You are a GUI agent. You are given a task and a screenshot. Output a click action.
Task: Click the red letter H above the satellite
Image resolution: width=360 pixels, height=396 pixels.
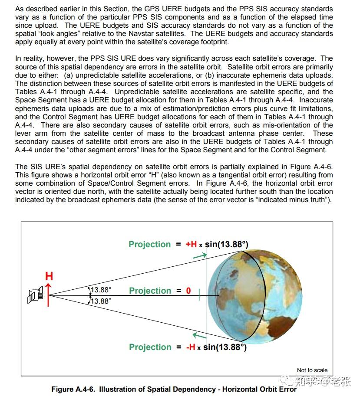click(49, 276)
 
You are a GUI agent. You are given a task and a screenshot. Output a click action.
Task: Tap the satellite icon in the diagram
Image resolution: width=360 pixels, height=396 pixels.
click(35, 295)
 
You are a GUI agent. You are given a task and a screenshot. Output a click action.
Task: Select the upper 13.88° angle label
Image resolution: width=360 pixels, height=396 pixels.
click(100, 289)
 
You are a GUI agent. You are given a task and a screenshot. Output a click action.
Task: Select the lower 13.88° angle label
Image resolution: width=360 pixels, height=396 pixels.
click(100, 301)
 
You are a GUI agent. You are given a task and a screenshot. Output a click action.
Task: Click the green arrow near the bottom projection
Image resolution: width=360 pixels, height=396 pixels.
click(199, 335)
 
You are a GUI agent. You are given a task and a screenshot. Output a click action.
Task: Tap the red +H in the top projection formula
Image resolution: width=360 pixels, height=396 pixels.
click(191, 244)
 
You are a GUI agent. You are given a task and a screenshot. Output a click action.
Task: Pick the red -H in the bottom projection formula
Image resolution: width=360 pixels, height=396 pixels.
click(191, 347)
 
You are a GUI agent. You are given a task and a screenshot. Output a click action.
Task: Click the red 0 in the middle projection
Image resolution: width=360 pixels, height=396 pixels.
click(188, 291)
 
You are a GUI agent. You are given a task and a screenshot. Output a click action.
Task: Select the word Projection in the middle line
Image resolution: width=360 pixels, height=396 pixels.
click(150, 291)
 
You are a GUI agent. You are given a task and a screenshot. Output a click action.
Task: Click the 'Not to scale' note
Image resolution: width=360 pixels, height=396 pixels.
click(312, 370)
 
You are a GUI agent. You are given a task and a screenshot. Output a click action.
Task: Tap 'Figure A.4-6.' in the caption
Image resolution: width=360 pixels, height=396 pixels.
click(73, 389)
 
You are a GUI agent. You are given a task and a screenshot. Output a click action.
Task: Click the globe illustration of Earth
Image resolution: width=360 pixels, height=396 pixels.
click(254, 295)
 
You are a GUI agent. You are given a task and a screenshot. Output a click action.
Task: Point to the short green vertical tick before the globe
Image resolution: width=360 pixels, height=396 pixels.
click(199, 295)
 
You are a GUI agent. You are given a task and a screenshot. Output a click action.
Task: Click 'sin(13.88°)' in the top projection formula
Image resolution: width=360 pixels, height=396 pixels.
click(227, 244)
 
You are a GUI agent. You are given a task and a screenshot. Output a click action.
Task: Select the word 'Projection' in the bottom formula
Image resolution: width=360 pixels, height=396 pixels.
click(150, 347)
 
